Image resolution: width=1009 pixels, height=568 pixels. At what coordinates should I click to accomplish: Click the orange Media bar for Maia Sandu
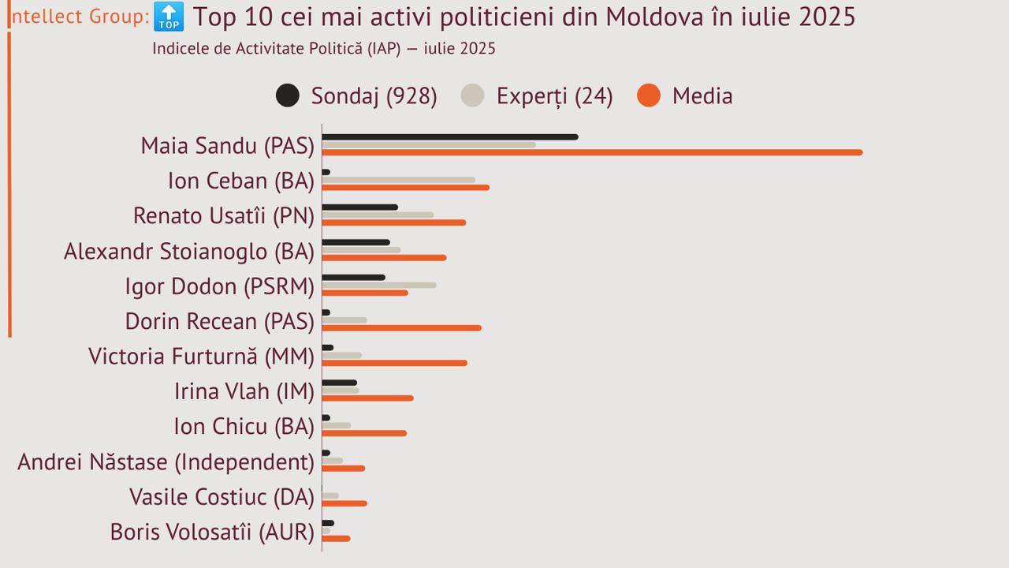[x=591, y=152]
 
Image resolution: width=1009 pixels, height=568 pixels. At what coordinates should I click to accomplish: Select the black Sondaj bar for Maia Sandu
[x=449, y=137]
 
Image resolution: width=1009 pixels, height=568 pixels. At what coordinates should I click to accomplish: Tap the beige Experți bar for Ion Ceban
[x=398, y=180]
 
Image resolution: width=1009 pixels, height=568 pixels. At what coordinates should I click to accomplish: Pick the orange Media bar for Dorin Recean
[x=401, y=327]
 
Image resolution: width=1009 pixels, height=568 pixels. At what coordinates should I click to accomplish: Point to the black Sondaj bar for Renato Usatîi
[x=359, y=207]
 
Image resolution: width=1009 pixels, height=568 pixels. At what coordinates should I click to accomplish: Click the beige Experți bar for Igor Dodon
[x=378, y=285]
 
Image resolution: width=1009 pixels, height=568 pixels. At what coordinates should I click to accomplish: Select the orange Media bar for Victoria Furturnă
[x=394, y=363]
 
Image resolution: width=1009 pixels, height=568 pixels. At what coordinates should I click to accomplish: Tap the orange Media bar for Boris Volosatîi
[x=336, y=538]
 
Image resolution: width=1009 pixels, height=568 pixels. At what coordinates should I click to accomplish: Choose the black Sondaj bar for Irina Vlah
[x=339, y=383]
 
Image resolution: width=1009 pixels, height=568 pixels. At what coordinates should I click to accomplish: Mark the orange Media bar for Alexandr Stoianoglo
[x=384, y=257]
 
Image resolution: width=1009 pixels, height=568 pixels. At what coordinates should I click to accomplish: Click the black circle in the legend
[x=288, y=95]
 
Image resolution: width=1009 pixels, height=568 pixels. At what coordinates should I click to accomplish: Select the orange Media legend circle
[x=649, y=95]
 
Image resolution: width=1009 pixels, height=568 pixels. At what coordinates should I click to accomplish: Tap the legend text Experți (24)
[x=554, y=95]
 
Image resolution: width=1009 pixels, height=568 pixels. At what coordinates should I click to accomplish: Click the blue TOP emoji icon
[x=169, y=16]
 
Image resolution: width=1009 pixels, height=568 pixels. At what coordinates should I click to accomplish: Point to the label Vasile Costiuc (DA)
[x=222, y=497]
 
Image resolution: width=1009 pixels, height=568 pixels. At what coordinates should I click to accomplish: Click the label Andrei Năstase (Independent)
[x=166, y=461]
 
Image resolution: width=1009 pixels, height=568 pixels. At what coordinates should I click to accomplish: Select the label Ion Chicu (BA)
[x=244, y=427]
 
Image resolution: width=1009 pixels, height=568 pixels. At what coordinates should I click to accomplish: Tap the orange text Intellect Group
[x=79, y=16]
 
